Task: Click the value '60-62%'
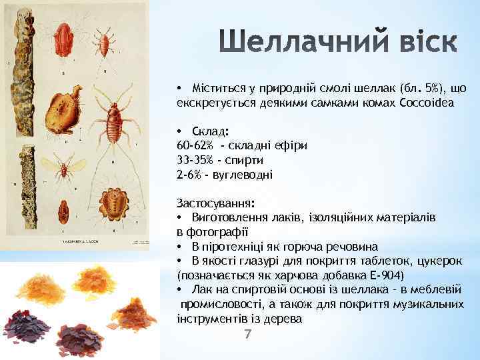pos(193,145)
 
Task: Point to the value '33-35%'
pos(193,160)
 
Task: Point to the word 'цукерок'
pos(439,260)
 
